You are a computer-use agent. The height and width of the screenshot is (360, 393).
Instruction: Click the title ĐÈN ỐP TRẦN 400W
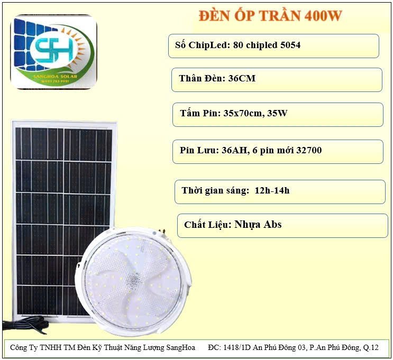270,15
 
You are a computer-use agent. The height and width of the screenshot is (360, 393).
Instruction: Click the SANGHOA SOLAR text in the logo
56,76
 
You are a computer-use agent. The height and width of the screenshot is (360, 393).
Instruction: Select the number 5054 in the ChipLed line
290,45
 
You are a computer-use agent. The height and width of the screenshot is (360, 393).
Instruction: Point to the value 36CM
242,78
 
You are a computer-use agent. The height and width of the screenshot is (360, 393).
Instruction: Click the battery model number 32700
309,150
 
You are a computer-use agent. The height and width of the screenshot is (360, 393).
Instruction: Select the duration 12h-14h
272,191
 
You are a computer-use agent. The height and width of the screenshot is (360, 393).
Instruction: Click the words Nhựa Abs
258,225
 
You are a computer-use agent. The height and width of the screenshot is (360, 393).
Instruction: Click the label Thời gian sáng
215,191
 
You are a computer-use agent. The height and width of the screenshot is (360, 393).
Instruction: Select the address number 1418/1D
237,347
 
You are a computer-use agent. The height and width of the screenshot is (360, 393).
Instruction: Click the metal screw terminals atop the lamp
162,231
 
